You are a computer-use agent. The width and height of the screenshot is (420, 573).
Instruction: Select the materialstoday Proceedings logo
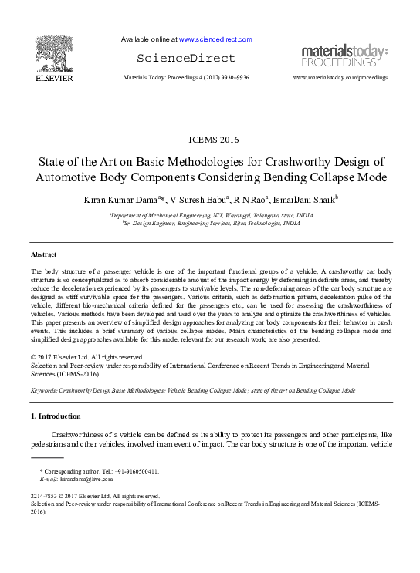coord(344,56)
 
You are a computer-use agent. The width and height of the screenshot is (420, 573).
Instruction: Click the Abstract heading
coord(43,254)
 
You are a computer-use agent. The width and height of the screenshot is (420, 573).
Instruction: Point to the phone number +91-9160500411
coord(133,471)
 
